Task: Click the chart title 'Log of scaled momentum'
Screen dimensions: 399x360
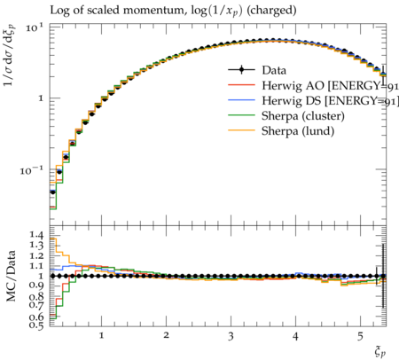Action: (117, 11)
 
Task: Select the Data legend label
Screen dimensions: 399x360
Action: (274, 70)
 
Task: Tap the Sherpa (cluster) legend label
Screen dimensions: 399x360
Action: (303, 116)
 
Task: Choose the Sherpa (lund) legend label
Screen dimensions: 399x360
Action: (298, 131)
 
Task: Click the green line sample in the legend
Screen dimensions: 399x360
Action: (241, 115)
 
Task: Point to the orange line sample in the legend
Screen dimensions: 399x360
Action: (241, 130)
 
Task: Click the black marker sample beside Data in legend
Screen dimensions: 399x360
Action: (241, 70)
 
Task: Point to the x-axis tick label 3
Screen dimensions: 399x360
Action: (231, 336)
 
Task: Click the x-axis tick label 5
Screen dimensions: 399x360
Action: (360, 336)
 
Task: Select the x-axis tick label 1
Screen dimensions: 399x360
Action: (101, 336)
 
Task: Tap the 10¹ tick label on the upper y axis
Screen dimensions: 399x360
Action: (35, 27)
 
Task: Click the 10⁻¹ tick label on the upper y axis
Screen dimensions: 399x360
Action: (32, 170)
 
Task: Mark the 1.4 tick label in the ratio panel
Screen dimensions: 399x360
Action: (36, 235)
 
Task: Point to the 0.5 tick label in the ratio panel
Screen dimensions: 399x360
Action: (36, 325)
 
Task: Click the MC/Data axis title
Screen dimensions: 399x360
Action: (11, 276)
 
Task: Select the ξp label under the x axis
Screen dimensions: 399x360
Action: (380, 352)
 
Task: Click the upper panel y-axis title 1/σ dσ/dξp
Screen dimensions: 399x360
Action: (11, 55)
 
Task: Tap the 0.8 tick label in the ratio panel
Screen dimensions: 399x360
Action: (36, 296)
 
